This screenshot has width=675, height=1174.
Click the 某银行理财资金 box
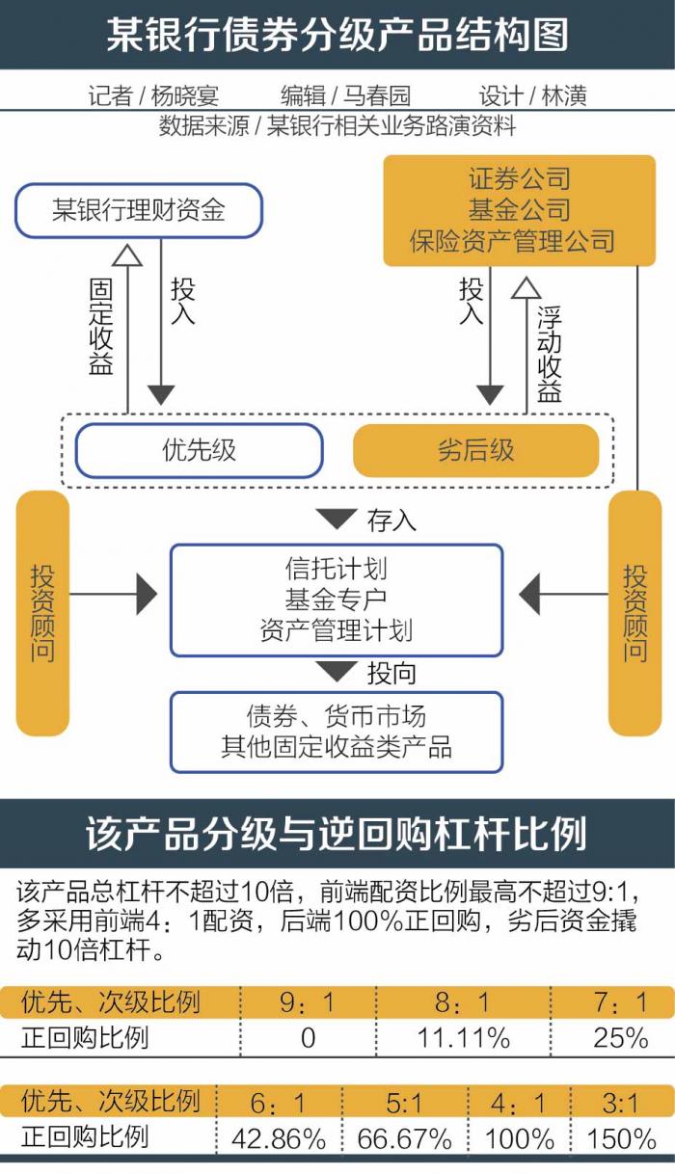[138, 210]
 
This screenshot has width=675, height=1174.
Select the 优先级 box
[199, 450]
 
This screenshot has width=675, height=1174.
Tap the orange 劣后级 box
[475, 450]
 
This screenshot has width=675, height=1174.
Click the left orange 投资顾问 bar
[42, 613]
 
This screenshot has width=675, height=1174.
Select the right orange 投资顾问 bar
[634, 613]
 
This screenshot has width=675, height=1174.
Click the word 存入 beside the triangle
[391, 520]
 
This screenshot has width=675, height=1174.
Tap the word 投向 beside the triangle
[391, 672]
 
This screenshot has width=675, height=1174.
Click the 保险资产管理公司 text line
[511, 239]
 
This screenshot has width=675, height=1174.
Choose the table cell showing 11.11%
[463, 1037]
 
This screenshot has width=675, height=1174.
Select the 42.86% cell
[279, 1138]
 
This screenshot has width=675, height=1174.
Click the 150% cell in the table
[621, 1138]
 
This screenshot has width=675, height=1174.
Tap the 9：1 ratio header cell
[307, 1003]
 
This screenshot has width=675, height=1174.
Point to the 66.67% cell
[404, 1138]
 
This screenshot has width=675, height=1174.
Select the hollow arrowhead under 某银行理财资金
[127, 254]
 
